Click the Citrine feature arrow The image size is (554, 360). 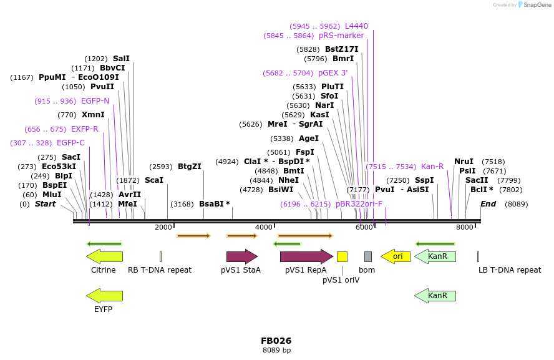tap(104, 256)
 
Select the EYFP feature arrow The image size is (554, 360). tap(104, 295)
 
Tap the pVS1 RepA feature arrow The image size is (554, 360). tap(306, 256)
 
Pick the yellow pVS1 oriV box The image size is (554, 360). tap(342, 256)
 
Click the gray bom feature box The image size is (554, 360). tap(368, 256)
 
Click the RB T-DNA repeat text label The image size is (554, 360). tap(160, 270)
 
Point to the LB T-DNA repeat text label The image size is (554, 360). tap(510, 270)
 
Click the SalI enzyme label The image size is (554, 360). tap(121, 59)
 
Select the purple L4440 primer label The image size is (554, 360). tap(356, 26)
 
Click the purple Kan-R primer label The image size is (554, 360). tap(432, 167)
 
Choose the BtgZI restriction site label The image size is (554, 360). tap(190, 167)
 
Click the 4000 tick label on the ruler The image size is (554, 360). tap(264, 228)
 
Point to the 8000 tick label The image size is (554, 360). tap(465, 228)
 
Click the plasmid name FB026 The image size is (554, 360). tap(276, 341)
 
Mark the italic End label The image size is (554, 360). tap(488, 204)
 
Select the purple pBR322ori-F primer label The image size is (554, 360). tap(359, 204)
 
